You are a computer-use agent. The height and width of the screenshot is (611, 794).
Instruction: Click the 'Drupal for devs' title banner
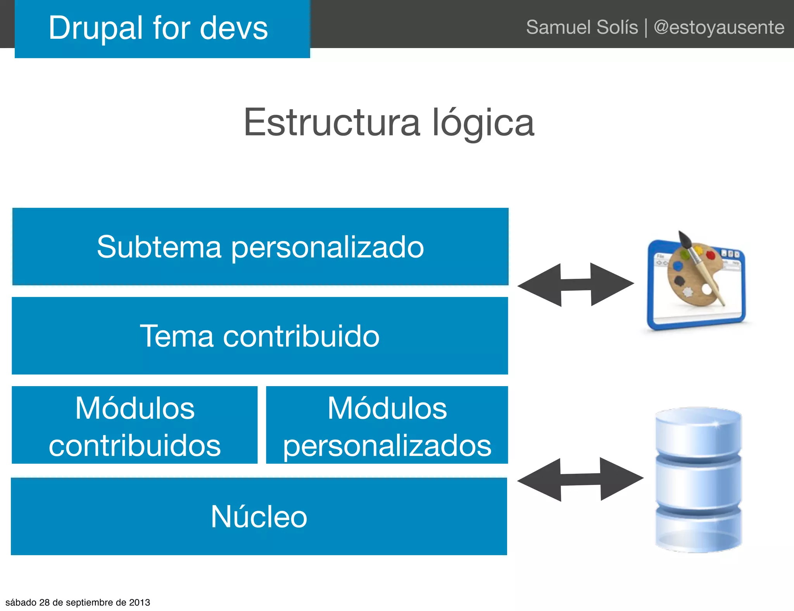[x=162, y=29]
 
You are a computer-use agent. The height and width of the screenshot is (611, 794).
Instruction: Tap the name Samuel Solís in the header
[x=582, y=28]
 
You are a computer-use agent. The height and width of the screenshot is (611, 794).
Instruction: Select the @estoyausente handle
[x=719, y=28]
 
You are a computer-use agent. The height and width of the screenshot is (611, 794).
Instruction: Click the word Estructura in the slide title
[x=331, y=123]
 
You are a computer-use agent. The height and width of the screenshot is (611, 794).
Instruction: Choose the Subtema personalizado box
[x=260, y=247]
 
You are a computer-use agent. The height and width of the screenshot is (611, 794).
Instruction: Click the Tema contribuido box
[x=260, y=336]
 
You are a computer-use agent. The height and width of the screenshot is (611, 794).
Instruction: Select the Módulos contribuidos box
[x=135, y=425]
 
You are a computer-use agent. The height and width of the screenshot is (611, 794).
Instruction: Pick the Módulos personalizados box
[x=387, y=425]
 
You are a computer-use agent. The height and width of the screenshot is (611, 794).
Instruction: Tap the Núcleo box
[x=259, y=516]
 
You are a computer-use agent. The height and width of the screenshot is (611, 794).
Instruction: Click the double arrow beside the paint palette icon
[x=576, y=285]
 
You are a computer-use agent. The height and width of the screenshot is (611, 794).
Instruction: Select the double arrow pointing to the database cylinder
[x=580, y=480]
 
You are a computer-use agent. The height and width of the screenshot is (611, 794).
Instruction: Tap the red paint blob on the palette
[x=710, y=255]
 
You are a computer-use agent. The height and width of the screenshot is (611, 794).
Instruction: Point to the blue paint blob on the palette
[x=678, y=266]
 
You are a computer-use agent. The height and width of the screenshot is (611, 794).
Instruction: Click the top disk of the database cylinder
[x=698, y=432]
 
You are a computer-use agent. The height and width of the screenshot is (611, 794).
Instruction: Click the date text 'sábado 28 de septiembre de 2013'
[x=78, y=602]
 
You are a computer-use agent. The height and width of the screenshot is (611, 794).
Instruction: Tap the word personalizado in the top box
[x=328, y=247]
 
